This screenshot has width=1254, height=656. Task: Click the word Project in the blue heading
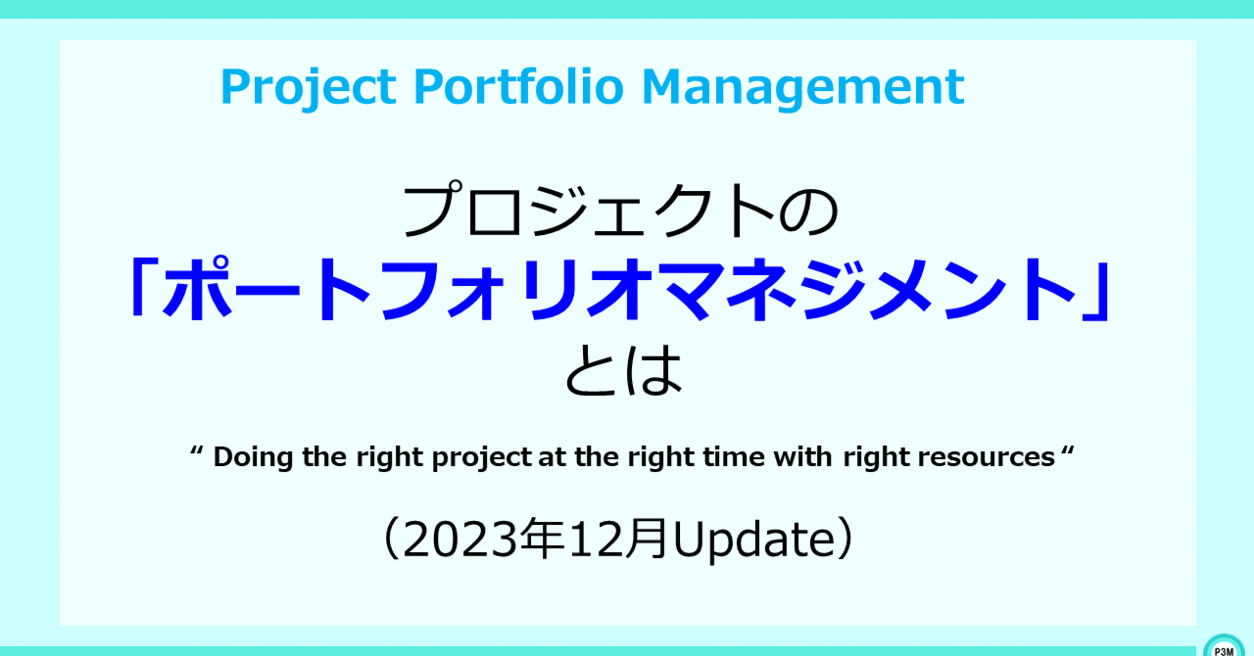(309, 87)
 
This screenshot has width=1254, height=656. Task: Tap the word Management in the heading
(802, 87)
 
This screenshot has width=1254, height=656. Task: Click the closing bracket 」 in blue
(1096, 291)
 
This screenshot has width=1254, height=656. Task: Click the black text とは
(624, 369)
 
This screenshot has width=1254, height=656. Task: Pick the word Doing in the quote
(253, 458)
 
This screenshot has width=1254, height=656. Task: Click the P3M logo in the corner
(1224, 646)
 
